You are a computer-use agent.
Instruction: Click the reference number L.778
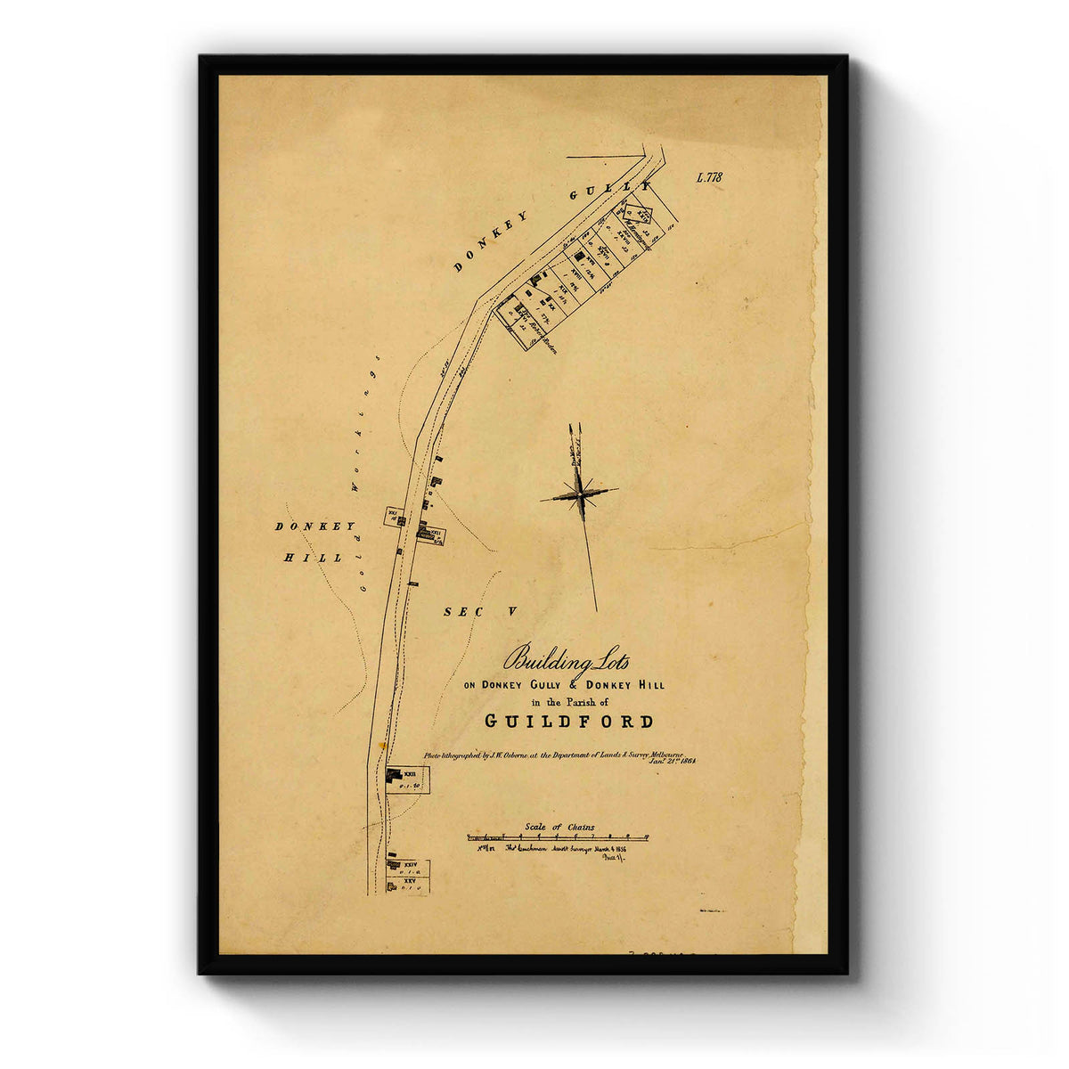tap(709, 177)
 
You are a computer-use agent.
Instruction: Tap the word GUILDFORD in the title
tap(569, 722)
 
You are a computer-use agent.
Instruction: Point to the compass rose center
tap(580, 493)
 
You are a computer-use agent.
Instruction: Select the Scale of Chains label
tap(559, 827)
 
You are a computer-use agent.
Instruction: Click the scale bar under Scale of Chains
tap(558, 837)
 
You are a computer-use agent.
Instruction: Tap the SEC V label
tap(480, 611)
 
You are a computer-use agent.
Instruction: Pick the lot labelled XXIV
tap(409, 865)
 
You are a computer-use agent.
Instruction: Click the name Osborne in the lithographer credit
tap(509, 754)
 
